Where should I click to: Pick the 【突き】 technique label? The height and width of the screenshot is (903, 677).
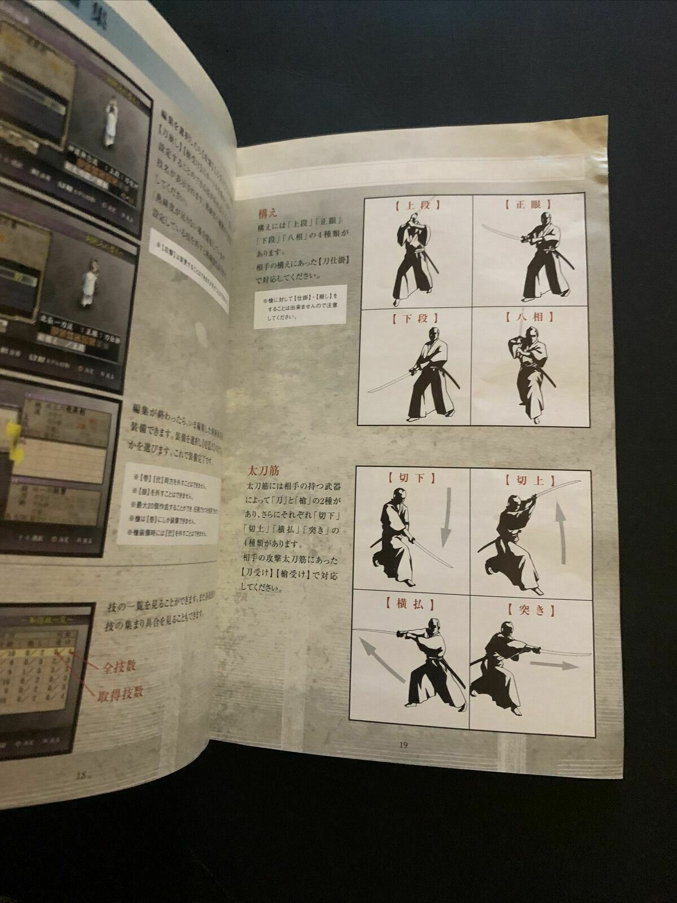(x=529, y=608)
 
